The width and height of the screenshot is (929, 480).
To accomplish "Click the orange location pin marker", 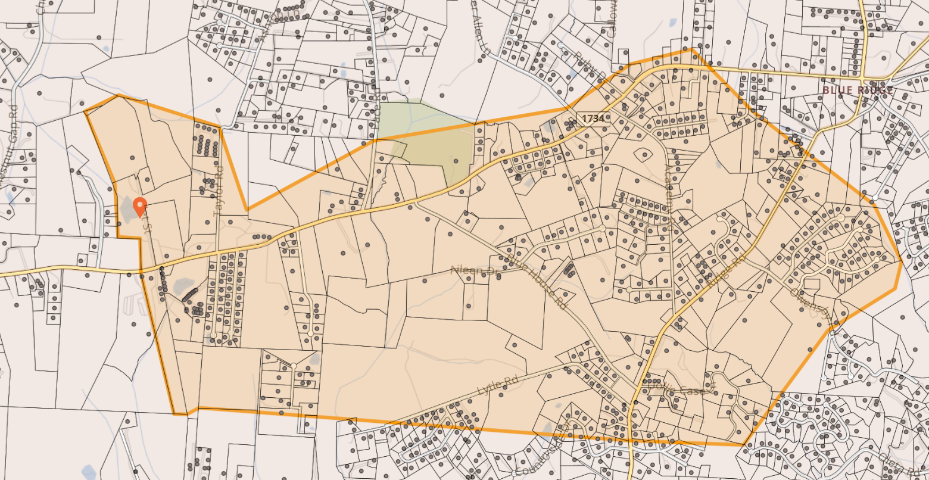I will click(140, 207).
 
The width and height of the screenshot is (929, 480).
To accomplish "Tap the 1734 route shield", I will click(593, 118).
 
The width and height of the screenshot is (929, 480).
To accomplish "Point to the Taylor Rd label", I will click(218, 182).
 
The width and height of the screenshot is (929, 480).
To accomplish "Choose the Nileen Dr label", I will click(474, 271).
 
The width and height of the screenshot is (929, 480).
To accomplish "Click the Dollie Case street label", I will click(678, 391).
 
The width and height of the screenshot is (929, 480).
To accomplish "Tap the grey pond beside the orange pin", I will click(127, 210).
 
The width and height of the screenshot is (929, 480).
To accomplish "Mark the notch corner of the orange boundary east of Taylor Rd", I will click(247, 210).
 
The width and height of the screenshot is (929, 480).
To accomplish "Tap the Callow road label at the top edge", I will click(614, 18).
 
